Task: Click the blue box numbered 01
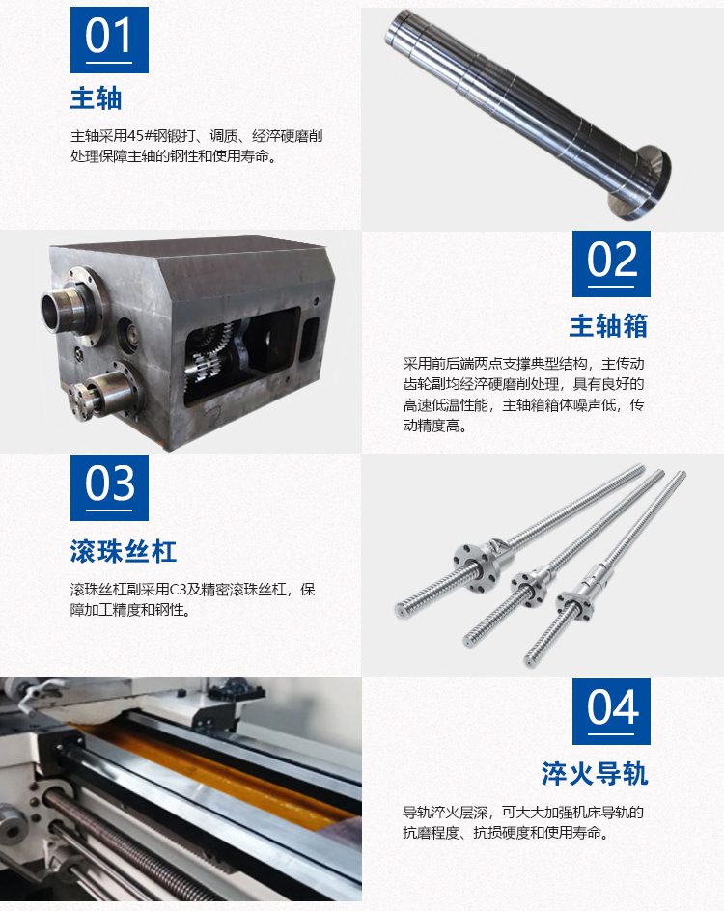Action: (x=109, y=41)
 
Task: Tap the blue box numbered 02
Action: (x=611, y=263)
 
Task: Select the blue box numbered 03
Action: (x=109, y=487)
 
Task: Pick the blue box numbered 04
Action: (x=611, y=711)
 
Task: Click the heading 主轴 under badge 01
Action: (x=96, y=98)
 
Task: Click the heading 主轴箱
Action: (x=608, y=325)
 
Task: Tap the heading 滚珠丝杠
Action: (x=124, y=551)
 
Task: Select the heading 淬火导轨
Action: (x=595, y=773)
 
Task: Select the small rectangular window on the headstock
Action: (x=310, y=338)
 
